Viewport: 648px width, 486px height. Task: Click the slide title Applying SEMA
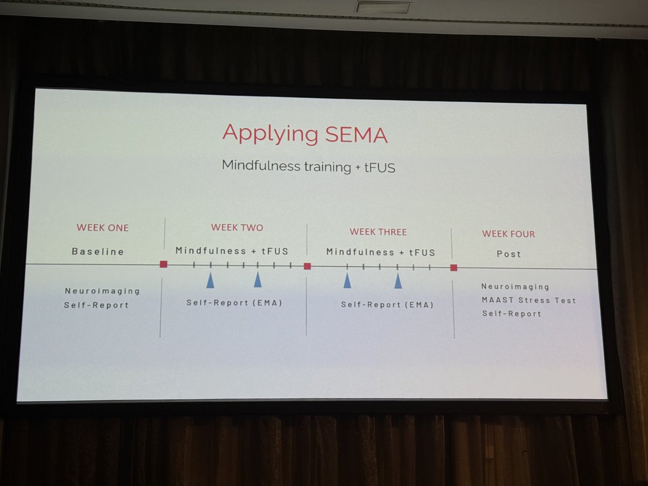(305, 133)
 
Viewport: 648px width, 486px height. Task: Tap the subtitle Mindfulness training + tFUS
(308, 166)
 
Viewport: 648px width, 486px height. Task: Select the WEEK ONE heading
(103, 227)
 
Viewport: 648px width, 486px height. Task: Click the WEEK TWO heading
(237, 227)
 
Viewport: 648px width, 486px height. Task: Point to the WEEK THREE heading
(378, 232)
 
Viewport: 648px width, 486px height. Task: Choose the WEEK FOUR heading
(508, 234)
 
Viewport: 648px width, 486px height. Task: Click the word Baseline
(98, 252)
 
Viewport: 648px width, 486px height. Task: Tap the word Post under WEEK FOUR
(509, 254)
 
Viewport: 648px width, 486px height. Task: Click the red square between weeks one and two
(164, 264)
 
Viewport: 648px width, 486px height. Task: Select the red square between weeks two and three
(307, 266)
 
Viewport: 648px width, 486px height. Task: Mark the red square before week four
(454, 267)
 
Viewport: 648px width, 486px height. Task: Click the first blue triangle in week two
(210, 280)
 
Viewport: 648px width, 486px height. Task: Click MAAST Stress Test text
(529, 300)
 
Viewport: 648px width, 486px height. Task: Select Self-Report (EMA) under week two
(234, 303)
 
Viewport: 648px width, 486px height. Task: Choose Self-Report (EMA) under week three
(387, 305)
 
